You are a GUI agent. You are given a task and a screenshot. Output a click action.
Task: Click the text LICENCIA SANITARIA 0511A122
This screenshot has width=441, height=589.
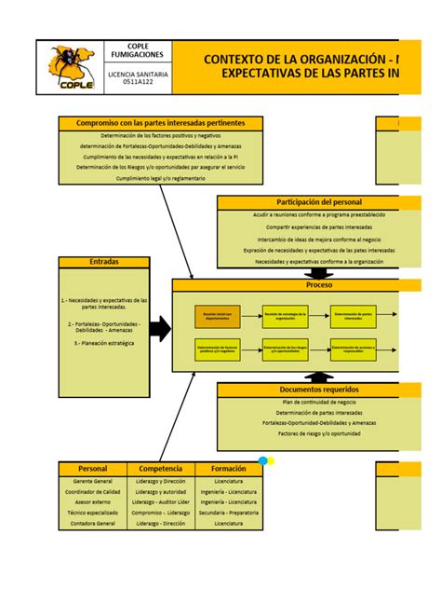tap(137, 77)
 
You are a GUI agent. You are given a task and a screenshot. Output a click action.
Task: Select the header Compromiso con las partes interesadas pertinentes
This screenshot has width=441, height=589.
tap(160, 123)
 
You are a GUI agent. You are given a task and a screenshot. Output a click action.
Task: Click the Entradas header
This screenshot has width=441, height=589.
tap(104, 263)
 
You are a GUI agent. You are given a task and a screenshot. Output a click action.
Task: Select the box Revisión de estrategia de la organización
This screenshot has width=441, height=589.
tap(285, 317)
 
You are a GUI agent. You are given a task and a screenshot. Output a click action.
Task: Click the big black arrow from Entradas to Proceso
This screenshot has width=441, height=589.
tap(160, 328)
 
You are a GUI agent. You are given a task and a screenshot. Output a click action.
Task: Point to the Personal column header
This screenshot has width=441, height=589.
tap(93, 468)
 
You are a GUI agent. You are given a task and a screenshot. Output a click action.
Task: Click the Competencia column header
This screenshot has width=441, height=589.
tap(160, 468)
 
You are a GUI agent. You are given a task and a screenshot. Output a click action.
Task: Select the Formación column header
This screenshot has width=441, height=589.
tap(228, 468)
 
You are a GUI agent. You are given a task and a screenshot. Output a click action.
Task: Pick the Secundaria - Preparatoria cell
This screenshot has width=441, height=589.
tap(228, 513)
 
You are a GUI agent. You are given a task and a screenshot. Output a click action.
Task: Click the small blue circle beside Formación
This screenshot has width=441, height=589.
tap(263, 460)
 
